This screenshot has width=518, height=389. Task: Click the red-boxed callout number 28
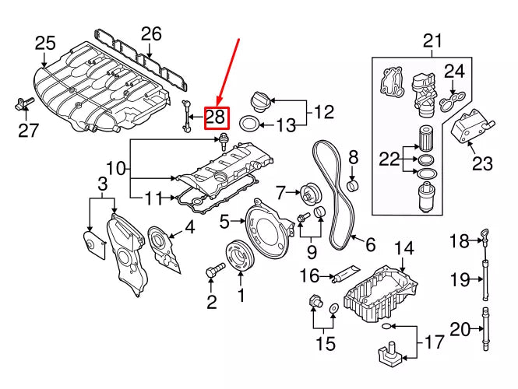(216, 117)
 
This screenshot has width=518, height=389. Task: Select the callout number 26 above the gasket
(151, 33)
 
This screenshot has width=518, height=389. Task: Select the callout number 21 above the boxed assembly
(431, 40)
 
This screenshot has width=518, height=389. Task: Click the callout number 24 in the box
(454, 72)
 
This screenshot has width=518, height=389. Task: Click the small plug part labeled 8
(352, 185)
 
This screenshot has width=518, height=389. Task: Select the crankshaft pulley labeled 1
(235, 258)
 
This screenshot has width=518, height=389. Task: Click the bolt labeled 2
(211, 272)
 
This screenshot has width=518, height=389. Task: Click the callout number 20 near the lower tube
(460, 330)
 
